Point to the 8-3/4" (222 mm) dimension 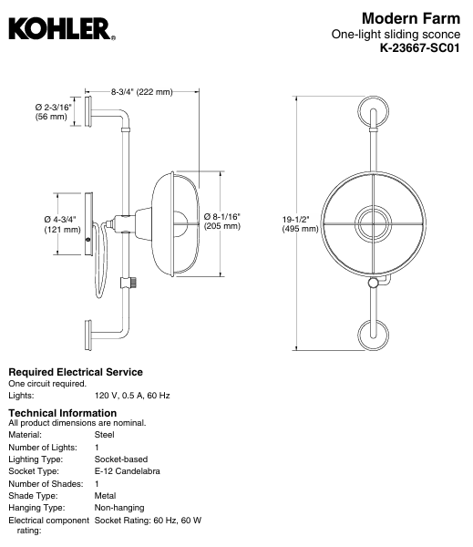[141, 92]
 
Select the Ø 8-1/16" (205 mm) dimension [221, 220]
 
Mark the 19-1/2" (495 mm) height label [300, 223]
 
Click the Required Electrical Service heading [75, 372]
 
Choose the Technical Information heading [64, 413]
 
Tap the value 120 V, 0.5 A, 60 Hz [132, 396]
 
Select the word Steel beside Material [104, 435]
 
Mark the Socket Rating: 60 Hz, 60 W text [148, 520]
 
